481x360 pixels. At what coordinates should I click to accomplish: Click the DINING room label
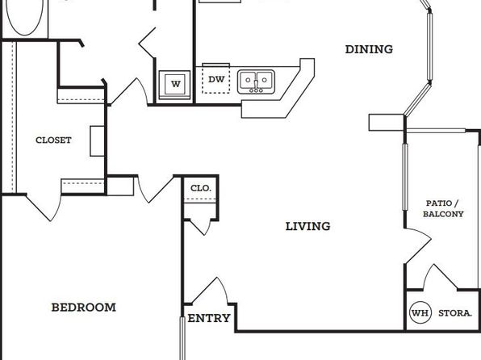tap(369, 49)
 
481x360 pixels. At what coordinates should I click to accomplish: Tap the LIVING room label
tap(308, 227)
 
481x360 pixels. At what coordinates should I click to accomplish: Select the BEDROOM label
tap(84, 308)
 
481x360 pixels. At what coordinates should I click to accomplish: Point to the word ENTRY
tap(209, 318)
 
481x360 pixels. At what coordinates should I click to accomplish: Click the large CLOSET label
tap(54, 140)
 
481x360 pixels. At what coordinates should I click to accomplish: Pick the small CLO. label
tap(201, 188)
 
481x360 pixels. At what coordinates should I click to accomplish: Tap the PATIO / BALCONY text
tap(443, 208)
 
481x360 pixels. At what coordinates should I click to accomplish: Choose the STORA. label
tap(455, 313)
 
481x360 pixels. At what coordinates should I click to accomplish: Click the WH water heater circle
tap(420, 312)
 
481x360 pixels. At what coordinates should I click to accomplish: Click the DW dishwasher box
tap(216, 80)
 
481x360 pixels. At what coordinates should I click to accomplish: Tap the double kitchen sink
tap(256, 82)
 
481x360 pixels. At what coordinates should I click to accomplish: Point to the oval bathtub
tap(25, 15)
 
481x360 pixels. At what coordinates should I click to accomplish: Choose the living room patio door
tap(419, 245)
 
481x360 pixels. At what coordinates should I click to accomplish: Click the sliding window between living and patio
tap(405, 177)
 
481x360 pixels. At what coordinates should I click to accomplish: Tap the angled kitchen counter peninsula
tap(278, 89)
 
